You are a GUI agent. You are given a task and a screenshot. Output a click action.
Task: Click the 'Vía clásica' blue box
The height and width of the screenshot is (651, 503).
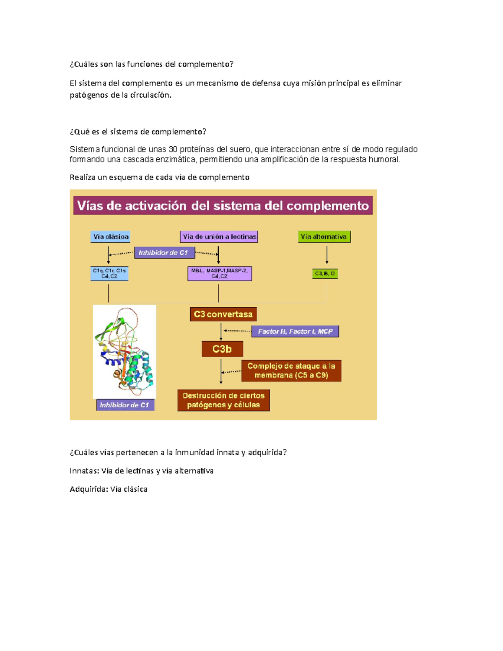110,237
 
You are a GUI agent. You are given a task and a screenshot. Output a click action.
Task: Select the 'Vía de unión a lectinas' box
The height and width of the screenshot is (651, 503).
219,237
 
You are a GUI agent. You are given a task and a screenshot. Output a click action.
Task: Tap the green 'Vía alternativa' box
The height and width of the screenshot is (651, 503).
324,237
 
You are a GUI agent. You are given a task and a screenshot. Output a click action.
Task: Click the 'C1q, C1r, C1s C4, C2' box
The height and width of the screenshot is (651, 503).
109,274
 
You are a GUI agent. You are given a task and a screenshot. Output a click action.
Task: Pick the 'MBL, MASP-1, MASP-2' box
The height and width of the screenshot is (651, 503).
220,274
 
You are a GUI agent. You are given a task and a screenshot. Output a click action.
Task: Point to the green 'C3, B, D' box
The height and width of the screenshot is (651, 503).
325,274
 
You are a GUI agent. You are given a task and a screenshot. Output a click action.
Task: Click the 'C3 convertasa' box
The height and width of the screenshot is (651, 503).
223,314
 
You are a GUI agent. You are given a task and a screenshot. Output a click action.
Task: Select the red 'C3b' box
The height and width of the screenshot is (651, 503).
222,349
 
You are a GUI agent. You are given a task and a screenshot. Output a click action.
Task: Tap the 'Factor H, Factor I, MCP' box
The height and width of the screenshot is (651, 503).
295,332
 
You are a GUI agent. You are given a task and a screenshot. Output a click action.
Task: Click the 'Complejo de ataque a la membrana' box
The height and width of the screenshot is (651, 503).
291,371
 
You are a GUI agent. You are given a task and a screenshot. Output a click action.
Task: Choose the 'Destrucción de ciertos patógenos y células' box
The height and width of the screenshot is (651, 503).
223,400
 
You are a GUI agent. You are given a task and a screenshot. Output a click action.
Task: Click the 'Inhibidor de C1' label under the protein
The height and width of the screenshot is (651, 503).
125,405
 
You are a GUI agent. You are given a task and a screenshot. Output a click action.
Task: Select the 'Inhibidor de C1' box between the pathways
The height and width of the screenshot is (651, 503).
164,253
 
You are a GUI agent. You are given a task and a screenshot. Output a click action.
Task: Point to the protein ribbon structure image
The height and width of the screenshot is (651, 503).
124,351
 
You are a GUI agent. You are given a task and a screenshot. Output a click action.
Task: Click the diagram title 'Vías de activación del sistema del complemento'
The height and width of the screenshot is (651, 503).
223,206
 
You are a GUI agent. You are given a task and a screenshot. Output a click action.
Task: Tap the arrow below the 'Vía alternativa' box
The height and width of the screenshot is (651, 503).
327,255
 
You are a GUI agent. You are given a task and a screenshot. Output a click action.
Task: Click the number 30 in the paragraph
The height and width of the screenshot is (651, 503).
173,150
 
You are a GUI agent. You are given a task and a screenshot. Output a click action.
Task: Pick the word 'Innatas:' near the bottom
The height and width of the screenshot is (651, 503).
84,471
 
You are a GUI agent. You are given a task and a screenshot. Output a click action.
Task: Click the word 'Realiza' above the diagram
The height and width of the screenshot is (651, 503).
82,177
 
